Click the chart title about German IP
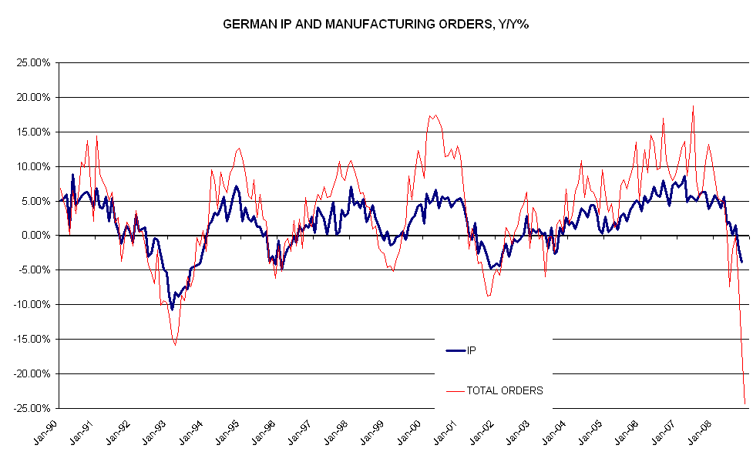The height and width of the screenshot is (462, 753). pyautogui.click(x=375, y=24)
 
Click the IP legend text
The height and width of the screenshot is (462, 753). pyautogui.click(x=472, y=350)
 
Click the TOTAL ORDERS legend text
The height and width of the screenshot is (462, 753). pyautogui.click(x=505, y=390)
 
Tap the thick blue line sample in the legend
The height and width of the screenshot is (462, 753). pyautogui.click(x=455, y=350)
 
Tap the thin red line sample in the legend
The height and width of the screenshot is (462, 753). pyautogui.click(x=455, y=391)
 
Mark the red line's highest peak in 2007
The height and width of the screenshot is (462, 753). pyautogui.click(x=693, y=106)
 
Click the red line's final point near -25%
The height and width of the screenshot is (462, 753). pyautogui.click(x=745, y=403)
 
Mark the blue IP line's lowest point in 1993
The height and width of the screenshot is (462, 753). pyautogui.click(x=172, y=309)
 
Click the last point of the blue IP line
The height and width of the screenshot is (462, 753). pyautogui.click(x=741, y=262)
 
